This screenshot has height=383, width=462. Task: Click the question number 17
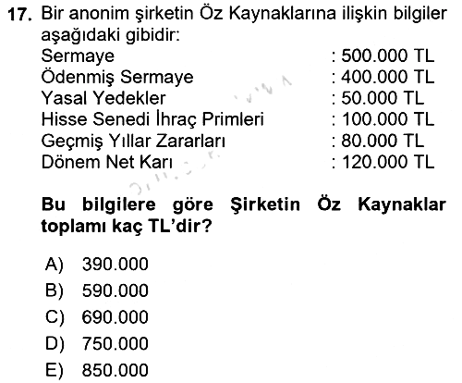(x=20, y=15)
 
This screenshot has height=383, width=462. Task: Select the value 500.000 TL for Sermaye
(x=388, y=56)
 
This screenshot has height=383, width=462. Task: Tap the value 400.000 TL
(x=388, y=77)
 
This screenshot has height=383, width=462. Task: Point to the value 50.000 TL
(x=383, y=98)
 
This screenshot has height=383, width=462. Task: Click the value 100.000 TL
(x=388, y=119)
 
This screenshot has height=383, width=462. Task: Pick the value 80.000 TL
(x=383, y=141)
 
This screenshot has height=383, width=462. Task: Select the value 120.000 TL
(x=388, y=162)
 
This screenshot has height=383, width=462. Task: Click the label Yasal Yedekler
(x=103, y=98)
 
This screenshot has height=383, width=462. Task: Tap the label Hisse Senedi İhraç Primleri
(x=152, y=119)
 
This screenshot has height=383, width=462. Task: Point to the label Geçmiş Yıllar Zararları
(x=133, y=142)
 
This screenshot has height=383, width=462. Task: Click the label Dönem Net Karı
(x=107, y=162)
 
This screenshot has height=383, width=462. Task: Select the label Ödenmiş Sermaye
(x=117, y=77)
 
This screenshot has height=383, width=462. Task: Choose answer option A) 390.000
(x=97, y=265)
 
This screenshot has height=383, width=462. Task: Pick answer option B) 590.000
(x=97, y=290)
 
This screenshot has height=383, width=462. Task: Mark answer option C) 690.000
(x=97, y=317)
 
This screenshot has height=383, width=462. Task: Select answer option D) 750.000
(x=97, y=344)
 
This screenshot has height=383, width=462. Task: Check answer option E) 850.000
(x=97, y=370)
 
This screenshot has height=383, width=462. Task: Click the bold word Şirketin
(x=265, y=204)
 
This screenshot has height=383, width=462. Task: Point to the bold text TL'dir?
(x=180, y=227)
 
